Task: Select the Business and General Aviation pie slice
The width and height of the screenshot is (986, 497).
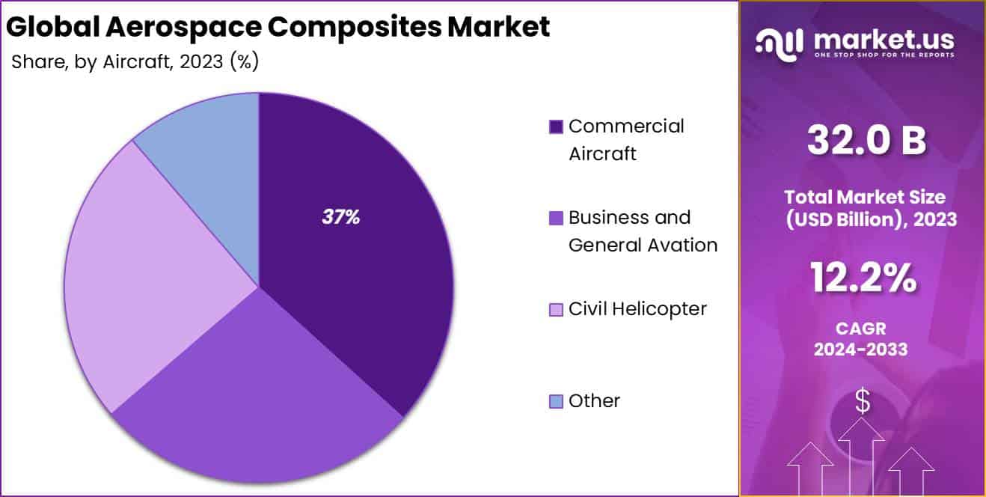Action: pos(254,389)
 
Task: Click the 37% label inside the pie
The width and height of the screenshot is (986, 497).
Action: pos(341,218)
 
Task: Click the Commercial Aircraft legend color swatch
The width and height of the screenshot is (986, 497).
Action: pos(556,127)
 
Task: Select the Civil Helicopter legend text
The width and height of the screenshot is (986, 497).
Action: pos(637,309)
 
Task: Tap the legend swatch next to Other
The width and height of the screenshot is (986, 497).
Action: pos(556,402)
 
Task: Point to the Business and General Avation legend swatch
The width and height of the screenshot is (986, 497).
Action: pos(556,219)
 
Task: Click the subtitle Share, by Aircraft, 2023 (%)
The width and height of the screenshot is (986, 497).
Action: pos(135,62)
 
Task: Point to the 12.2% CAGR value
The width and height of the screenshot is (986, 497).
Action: pos(863,278)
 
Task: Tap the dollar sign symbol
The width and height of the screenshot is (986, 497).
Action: pos(863,402)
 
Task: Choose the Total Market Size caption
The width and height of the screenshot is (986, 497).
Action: pos(865,198)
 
